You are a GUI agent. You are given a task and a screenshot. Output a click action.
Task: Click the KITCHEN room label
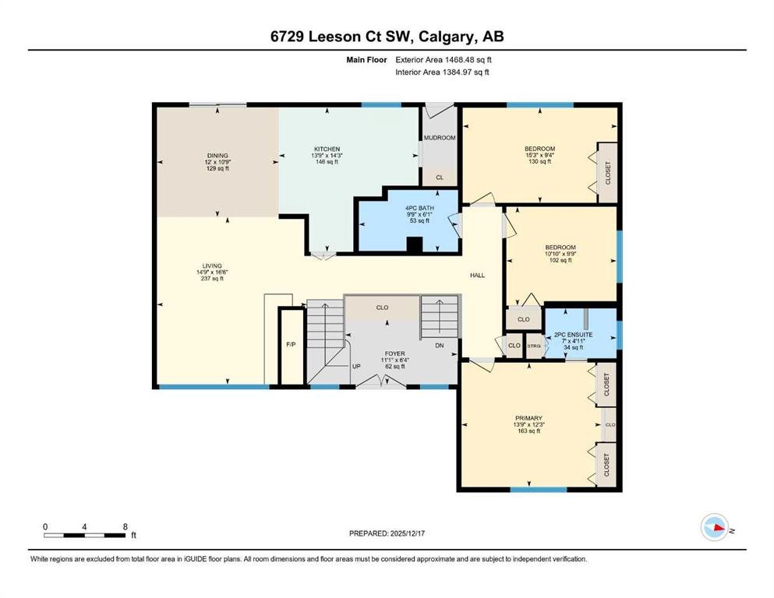coord(327,149)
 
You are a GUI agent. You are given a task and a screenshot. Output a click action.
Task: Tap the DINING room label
coord(217,156)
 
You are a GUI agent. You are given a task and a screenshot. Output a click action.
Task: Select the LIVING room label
coord(212,266)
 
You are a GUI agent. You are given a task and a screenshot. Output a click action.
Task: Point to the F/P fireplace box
coord(292,346)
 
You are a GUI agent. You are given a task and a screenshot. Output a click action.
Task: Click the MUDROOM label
coord(440,138)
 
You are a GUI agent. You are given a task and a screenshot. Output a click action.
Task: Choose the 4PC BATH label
coord(419,208)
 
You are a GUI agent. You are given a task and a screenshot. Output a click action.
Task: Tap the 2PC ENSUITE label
coord(574,335)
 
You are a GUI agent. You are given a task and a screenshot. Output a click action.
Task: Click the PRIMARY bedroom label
coord(528,418)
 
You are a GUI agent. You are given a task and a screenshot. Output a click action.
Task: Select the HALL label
coord(477,276)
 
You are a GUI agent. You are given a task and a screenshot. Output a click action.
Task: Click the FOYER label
coord(395,354)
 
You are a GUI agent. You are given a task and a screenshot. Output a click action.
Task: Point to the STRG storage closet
coord(534,346)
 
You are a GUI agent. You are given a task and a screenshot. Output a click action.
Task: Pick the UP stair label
coord(356,366)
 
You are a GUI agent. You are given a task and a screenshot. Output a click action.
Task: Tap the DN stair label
coord(440,346)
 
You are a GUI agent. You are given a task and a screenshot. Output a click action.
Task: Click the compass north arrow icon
coord(715,527)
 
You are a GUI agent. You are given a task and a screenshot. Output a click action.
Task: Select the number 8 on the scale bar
coord(125,526)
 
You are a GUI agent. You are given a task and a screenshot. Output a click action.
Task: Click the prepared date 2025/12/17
coord(407,533)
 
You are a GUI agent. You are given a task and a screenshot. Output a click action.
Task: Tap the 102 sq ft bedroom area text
coord(560,260)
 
